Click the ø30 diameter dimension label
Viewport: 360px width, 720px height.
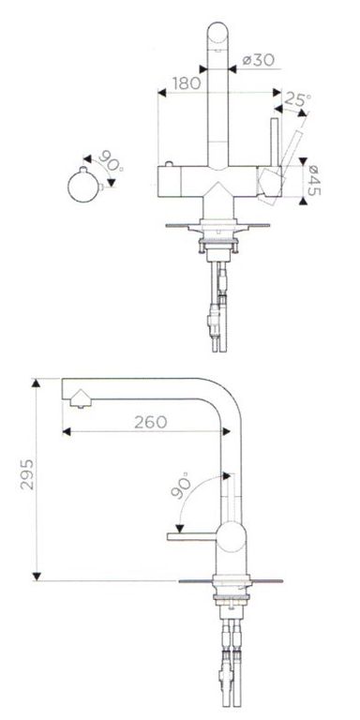coord(259,60)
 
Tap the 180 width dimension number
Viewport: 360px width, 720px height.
coord(187,83)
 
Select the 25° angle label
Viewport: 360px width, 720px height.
coord(297,98)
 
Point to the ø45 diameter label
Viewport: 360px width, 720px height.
coord(313,180)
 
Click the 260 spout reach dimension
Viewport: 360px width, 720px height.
coord(151,422)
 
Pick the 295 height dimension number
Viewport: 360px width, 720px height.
coord(27,473)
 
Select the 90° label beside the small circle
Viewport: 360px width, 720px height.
coord(111,161)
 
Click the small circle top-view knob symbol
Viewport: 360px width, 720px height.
coord(83,187)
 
